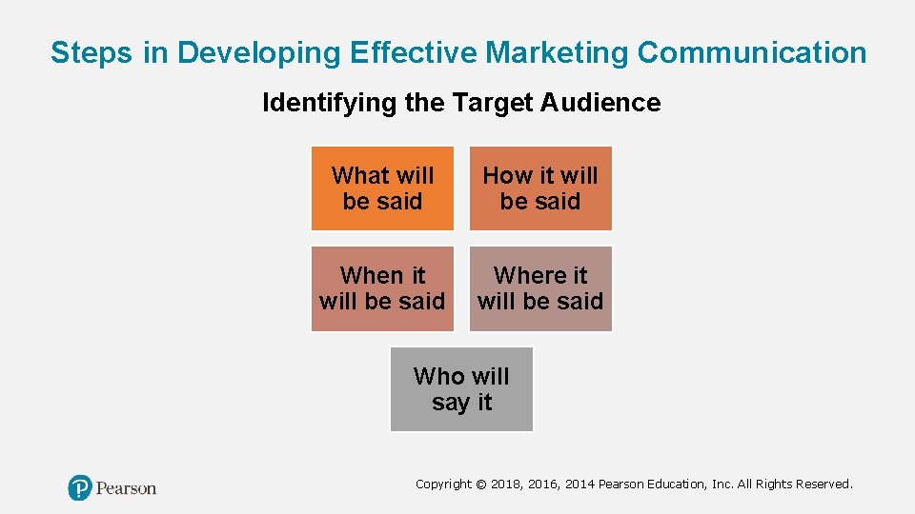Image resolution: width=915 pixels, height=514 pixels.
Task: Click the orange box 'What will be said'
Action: click(382, 188)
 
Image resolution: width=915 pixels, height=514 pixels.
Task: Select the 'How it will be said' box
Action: click(540, 188)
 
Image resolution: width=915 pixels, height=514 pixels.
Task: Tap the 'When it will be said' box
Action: click(382, 288)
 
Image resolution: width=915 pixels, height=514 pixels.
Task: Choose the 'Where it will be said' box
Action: click(540, 288)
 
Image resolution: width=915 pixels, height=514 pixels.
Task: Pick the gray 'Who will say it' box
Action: click(461, 389)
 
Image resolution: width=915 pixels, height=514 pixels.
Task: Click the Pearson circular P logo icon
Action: click(80, 488)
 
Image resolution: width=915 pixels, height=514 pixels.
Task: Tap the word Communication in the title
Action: click(752, 53)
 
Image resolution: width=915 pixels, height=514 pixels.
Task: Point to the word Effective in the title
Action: click(414, 53)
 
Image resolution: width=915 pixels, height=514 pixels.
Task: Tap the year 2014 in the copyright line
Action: click(579, 484)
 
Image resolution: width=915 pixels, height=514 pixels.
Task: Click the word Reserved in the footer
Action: click(821, 484)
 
